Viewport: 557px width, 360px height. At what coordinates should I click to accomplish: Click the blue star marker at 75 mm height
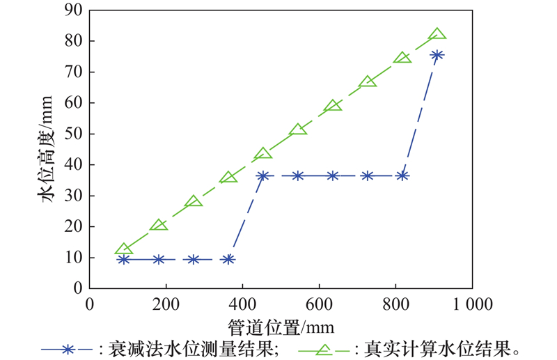(x=437, y=55)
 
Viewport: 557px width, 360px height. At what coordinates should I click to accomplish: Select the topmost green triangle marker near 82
(x=437, y=34)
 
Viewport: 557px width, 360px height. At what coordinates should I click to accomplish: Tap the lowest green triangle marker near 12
(x=124, y=250)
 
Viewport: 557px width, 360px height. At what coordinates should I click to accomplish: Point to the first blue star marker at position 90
(x=124, y=259)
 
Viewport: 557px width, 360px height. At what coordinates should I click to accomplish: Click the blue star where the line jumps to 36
(x=263, y=176)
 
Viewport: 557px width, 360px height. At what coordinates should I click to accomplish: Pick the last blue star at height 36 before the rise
(x=402, y=176)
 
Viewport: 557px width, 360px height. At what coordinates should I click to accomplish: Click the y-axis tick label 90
(x=74, y=10)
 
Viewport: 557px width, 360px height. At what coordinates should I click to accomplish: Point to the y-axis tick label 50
(x=74, y=134)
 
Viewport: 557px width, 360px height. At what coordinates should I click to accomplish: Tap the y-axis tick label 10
(x=74, y=258)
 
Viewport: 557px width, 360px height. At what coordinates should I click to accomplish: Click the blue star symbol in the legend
(x=68, y=347)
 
